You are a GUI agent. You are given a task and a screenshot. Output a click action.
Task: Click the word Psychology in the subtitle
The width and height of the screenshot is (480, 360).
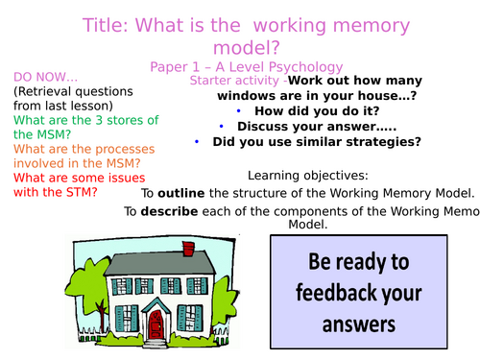301,66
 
